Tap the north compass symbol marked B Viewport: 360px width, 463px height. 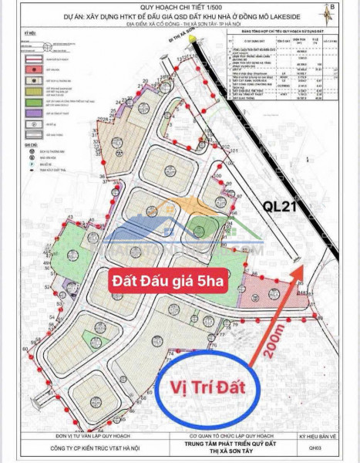click(331, 9)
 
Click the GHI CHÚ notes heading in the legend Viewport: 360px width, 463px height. click(30, 143)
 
